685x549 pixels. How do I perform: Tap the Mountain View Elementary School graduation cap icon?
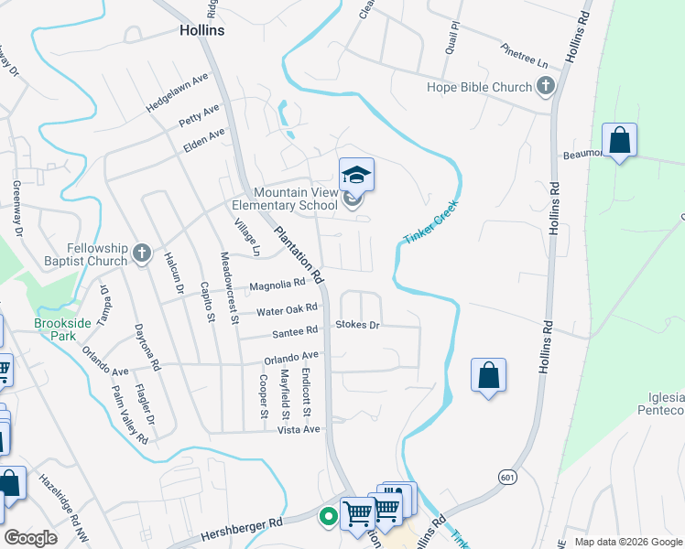pyautogui.click(x=356, y=174)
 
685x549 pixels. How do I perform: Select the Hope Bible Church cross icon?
pyautogui.click(x=546, y=87)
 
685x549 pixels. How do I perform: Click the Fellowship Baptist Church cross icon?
pyautogui.click(x=141, y=253)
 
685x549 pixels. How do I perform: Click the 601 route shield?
pyautogui.click(x=506, y=477)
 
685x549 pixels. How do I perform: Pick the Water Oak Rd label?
pyautogui.click(x=288, y=309)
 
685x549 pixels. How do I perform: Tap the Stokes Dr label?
pyautogui.click(x=357, y=325)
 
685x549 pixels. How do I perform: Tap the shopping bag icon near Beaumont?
pyautogui.click(x=620, y=142)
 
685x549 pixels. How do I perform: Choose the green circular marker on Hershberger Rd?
pyautogui.click(x=327, y=517)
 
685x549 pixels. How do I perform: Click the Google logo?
pyautogui.click(x=30, y=538)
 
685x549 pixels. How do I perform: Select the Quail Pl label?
pyautogui.click(x=451, y=39)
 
